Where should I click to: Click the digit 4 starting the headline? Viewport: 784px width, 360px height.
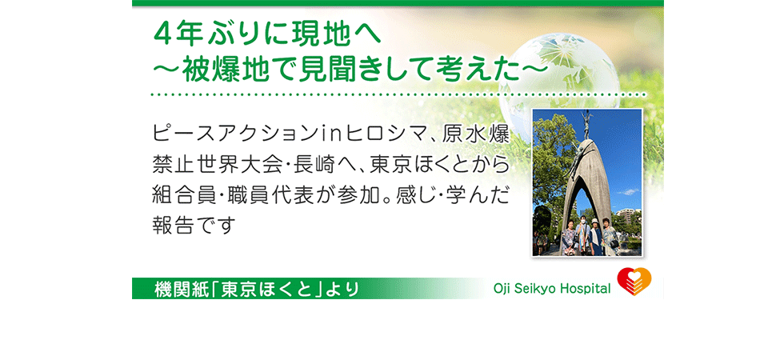[x=162, y=36]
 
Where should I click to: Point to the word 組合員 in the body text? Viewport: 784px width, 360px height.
[x=179, y=195]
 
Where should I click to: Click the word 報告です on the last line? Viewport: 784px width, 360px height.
[x=193, y=226]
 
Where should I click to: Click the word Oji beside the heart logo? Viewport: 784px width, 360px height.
[x=502, y=289]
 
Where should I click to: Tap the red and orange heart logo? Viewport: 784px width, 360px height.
[x=634, y=282]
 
